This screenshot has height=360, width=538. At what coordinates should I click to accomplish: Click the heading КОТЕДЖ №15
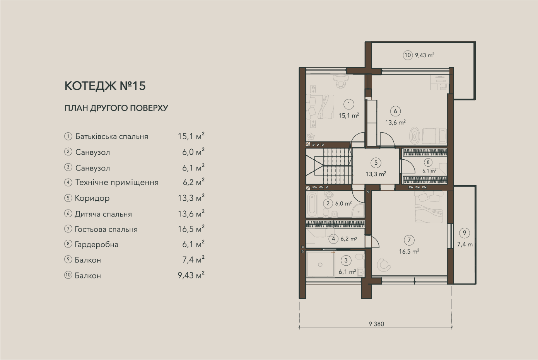105,86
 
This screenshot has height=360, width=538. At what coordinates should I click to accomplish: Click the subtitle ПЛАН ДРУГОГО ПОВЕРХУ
116,108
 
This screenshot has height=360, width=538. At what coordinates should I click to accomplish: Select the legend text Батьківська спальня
112,136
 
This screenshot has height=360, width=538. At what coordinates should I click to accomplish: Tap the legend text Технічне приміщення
117,183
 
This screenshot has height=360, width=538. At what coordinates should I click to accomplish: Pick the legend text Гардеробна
97,244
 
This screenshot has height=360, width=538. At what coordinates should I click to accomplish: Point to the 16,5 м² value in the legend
191,229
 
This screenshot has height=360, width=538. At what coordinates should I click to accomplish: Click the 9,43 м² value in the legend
191,275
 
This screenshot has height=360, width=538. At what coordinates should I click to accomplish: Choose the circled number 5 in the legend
68,198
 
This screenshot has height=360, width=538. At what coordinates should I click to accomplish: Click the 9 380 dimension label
376,324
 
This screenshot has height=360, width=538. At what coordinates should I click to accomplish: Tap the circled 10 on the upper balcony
408,55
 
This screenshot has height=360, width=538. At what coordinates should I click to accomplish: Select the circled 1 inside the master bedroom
349,104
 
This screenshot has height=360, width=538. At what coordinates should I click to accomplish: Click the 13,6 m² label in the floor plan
395,123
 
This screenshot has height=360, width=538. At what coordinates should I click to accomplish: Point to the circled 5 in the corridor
376,162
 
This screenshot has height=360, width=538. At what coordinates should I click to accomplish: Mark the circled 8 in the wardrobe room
428,162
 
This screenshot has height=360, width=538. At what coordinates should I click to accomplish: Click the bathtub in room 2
311,205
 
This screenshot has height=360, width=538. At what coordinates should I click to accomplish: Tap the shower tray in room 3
320,264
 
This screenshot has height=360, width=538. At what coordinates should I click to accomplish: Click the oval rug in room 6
415,136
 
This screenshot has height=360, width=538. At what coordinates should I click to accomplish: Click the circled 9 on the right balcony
464,233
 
